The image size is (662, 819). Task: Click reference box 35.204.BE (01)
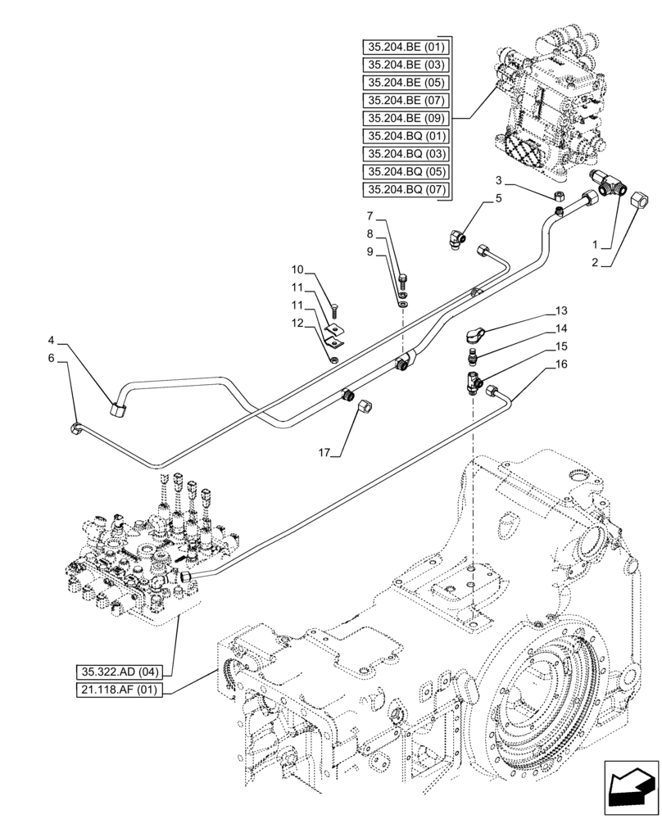[406, 46]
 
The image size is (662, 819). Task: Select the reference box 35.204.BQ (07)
[406, 190]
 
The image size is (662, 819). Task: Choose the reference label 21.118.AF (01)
[121, 690]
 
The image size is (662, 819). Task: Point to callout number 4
[51, 339]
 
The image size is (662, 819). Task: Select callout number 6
[51, 358]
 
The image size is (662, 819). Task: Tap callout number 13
[560, 310]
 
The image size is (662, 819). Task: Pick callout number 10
[297, 269]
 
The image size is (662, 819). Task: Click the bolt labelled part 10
[336, 310]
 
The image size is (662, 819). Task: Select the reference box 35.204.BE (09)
[406, 118]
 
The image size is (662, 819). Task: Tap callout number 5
[497, 198]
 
